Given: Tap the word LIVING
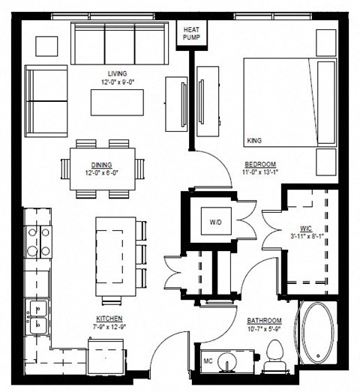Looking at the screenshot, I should tap(117, 73).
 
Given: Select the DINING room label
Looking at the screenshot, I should tap(103, 165).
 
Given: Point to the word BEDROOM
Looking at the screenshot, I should tap(261, 164).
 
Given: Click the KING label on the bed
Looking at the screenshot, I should tap(255, 140).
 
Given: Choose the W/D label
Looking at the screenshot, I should tap(216, 222).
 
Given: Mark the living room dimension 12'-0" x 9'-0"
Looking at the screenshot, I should tap(117, 82).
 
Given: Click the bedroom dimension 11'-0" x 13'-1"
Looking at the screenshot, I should tap(261, 172).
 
